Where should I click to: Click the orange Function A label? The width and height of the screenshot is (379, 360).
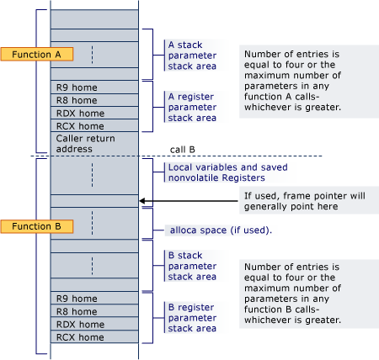[x=38, y=54]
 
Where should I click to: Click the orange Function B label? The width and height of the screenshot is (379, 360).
[x=38, y=226]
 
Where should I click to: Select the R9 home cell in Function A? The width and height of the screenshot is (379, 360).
[x=93, y=86]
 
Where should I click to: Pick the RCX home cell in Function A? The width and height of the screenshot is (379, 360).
[x=93, y=125]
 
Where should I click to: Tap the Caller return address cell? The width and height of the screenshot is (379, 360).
[x=93, y=143]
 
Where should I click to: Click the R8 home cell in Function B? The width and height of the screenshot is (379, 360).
[x=93, y=310]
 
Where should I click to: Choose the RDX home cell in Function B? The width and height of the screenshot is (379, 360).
[x=93, y=324]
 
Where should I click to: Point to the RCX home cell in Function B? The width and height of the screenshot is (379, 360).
[x=93, y=337]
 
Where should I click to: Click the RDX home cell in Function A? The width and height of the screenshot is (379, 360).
[x=93, y=113]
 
